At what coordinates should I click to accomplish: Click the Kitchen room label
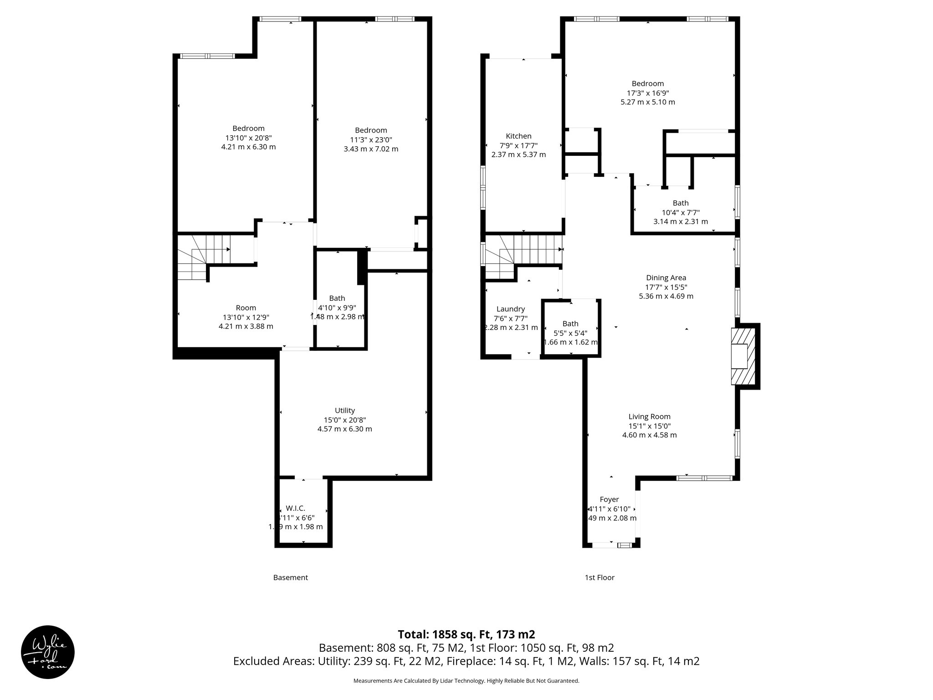[518, 136]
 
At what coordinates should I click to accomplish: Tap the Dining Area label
[666, 278]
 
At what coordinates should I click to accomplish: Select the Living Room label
[649, 416]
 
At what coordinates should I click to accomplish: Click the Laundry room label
[510, 309]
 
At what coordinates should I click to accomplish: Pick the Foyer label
[609, 499]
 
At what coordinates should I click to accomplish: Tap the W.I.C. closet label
[295, 508]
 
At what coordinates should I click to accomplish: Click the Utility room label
[344, 410]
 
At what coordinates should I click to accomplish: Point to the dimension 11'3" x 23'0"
[371, 140]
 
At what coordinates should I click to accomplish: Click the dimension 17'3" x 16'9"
[647, 93]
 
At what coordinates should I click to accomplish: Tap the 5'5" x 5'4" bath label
[570, 333]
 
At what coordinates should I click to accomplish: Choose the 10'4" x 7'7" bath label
[681, 212]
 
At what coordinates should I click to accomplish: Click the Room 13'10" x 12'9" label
[246, 317]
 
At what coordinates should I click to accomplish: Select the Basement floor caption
[290, 577]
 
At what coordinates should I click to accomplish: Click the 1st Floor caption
[599, 577]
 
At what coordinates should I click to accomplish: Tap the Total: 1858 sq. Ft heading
[466, 634]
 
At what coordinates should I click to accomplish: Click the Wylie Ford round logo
[48, 652]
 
